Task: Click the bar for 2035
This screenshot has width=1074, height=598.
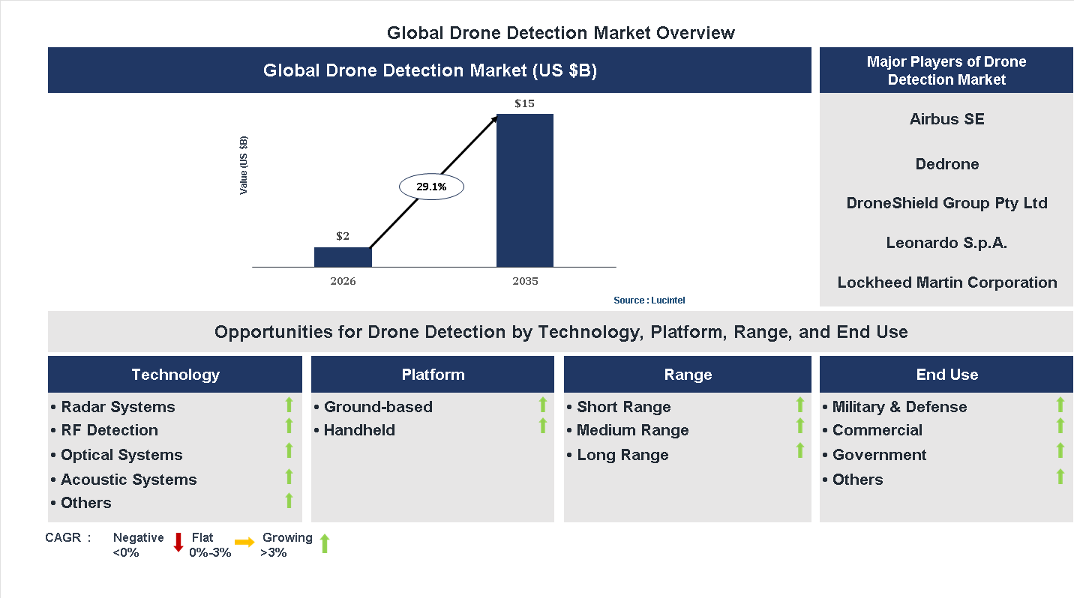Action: point(525,190)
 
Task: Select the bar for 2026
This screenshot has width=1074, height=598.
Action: point(343,257)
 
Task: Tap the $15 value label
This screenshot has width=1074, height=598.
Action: point(524,103)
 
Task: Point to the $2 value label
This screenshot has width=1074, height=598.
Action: point(343,236)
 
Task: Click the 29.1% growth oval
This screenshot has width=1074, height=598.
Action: point(431,187)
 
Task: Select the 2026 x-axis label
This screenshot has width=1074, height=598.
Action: point(343,282)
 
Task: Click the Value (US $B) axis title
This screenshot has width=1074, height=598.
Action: point(244,165)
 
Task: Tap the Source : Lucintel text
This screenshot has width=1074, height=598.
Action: point(649,300)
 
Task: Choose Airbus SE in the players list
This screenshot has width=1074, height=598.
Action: point(946,119)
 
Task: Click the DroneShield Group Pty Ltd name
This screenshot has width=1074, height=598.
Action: point(946,203)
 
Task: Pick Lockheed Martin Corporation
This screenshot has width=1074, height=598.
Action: point(946,283)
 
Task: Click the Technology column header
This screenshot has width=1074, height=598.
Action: point(175,375)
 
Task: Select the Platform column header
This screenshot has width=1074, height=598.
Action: point(433,375)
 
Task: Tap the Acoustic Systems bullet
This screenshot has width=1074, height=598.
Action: point(128,480)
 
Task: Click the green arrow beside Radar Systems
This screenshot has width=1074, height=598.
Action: point(289,405)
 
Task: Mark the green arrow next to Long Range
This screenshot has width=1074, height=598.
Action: point(799,450)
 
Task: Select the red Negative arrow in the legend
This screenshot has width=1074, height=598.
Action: point(178,543)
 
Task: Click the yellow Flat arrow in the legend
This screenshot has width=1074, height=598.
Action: point(244,543)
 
